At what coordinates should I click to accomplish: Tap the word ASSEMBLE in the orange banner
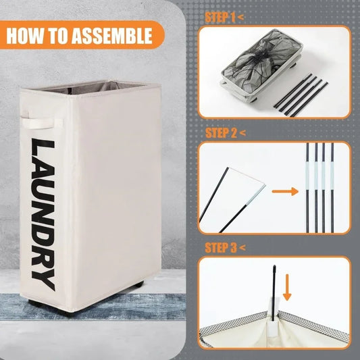click(x=112, y=36)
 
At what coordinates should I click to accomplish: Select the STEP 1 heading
click(x=224, y=17)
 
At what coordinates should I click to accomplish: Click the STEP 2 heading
click(x=225, y=132)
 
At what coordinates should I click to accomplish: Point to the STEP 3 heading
click(x=225, y=247)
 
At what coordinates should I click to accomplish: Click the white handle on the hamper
click(x=41, y=124)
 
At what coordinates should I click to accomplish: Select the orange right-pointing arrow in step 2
click(x=285, y=191)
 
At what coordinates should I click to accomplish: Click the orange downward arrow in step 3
click(x=287, y=288)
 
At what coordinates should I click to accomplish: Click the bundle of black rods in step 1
click(x=301, y=95)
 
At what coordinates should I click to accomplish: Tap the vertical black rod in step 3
click(x=274, y=292)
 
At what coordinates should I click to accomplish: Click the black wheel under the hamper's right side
click(x=138, y=286)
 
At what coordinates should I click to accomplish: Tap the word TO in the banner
click(x=57, y=36)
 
